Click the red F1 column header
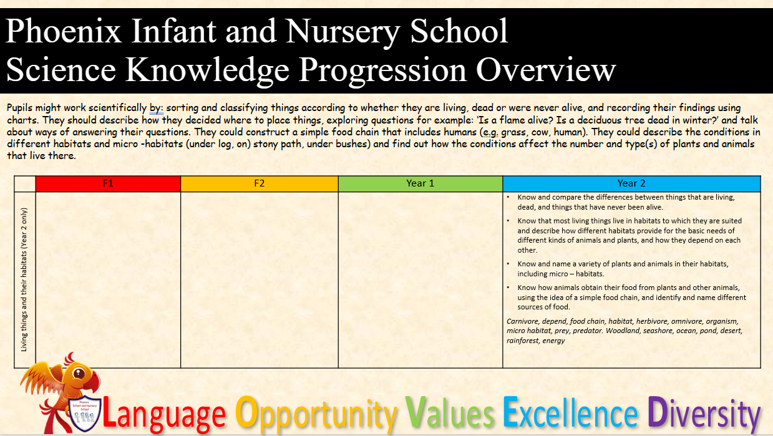pos(108,183)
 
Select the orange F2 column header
pos(259,183)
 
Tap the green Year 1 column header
pos(421,183)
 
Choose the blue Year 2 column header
pos(631,183)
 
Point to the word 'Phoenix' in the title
pos(64,31)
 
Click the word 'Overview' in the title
pos(546,70)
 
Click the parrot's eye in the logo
pos(79,373)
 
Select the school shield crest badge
pos(85,414)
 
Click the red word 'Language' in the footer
pos(164,414)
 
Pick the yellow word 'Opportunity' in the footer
pos(316,415)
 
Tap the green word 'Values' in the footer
pos(449,412)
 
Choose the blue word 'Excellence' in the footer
pos(570,412)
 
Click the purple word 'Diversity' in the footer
pos(704,414)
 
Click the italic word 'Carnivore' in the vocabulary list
pos(522,321)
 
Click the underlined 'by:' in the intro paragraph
pos(156,109)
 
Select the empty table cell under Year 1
pos(421,279)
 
